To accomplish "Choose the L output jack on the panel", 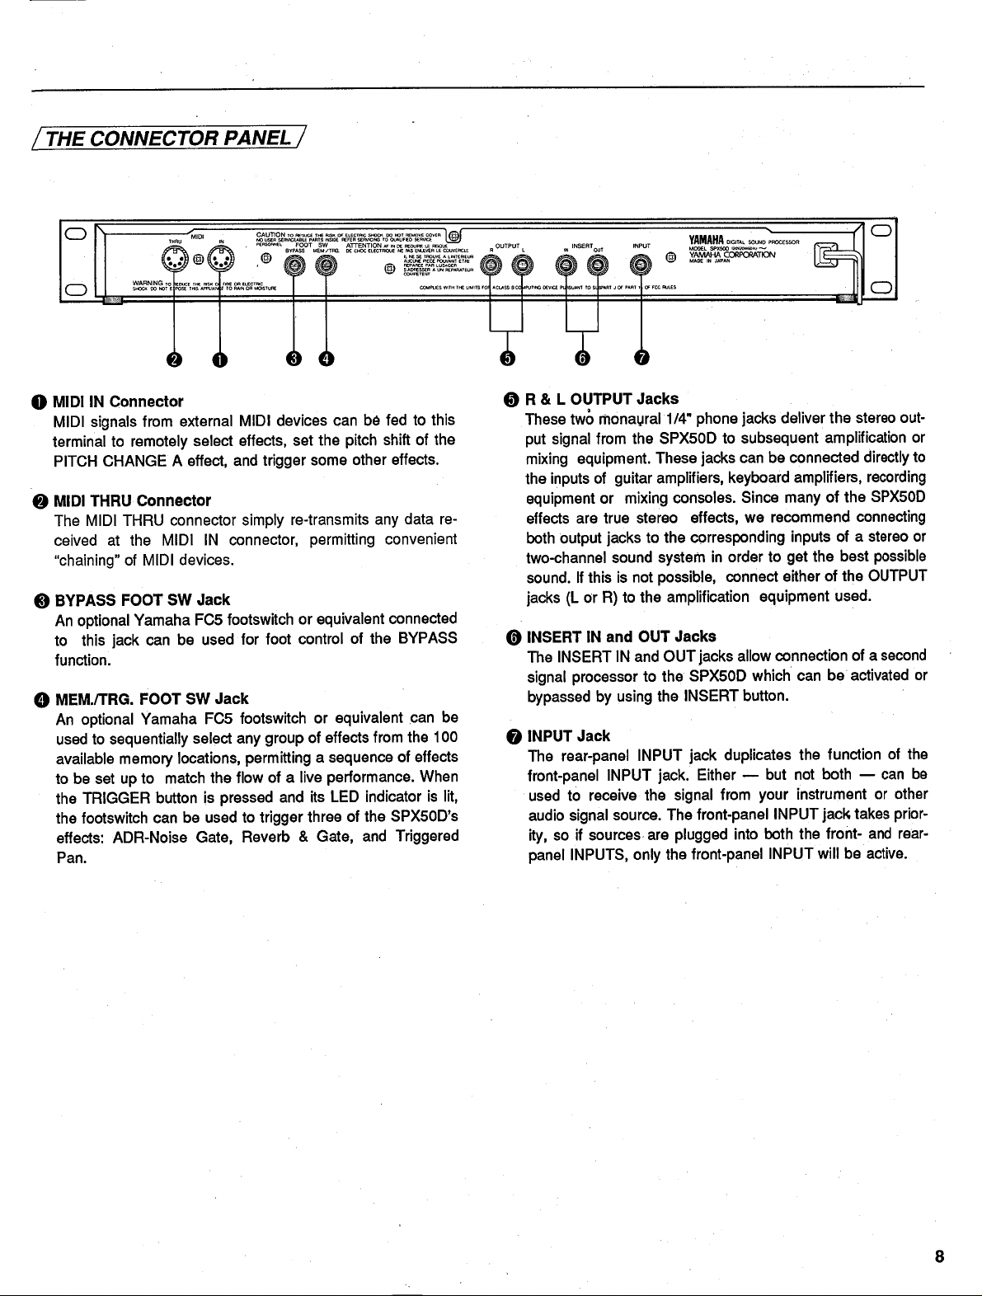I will [522, 265].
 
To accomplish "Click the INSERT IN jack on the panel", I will [567, 265].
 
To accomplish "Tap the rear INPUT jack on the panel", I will [641, 265].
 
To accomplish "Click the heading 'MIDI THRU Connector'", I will [132, 500].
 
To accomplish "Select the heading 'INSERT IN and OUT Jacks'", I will [621, 636].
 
